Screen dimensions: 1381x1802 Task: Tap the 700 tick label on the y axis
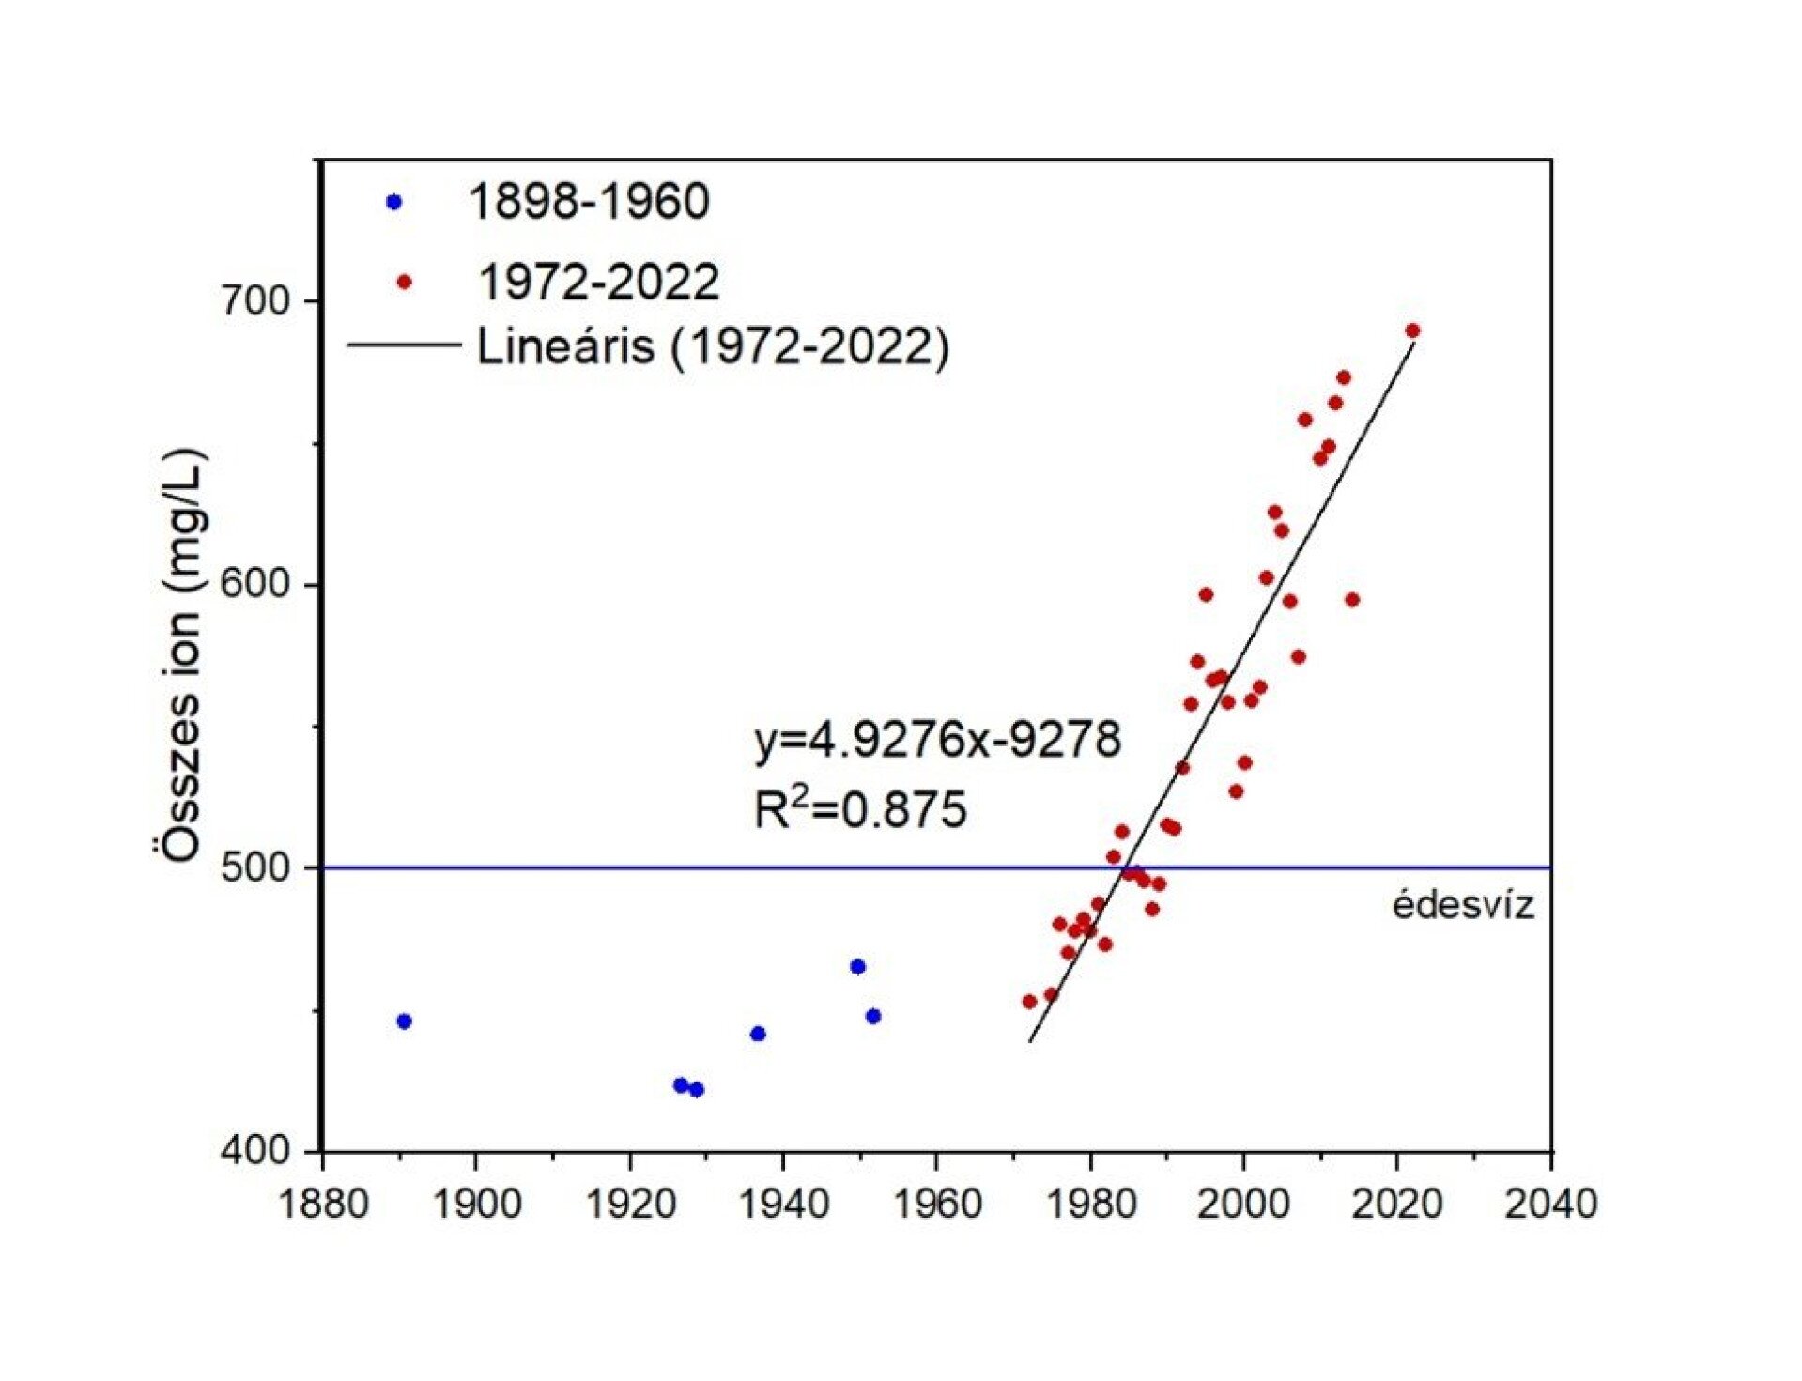[254, 301]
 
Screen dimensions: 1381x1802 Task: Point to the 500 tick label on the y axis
[254, 867]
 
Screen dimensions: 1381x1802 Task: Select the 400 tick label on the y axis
[254, 1150]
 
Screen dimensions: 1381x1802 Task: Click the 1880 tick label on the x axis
[323, 1204]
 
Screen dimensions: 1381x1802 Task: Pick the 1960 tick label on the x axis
[937, 1204]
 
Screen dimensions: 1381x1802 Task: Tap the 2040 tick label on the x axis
[1550, 1204]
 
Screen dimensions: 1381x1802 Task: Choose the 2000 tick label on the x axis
[1243, 1204]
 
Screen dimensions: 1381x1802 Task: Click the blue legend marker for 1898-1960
[394, 202]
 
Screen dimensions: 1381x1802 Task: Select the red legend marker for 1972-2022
[405, 282]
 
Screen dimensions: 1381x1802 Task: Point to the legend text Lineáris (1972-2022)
[713, 346]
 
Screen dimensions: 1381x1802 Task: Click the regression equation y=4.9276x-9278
[937, 740]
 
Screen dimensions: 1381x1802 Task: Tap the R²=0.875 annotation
[859, 809]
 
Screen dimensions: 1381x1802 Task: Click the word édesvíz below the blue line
[1462, 906]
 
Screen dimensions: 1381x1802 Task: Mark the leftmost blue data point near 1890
[405, 1021]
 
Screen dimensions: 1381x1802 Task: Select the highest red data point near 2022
[1412, 330]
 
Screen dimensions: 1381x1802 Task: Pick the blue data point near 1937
[758, 1034]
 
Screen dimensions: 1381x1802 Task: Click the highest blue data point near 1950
[857, 967]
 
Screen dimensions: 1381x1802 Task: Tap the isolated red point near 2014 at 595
[1352, 600]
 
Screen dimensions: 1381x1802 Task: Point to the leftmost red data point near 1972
[1029, 1002]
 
